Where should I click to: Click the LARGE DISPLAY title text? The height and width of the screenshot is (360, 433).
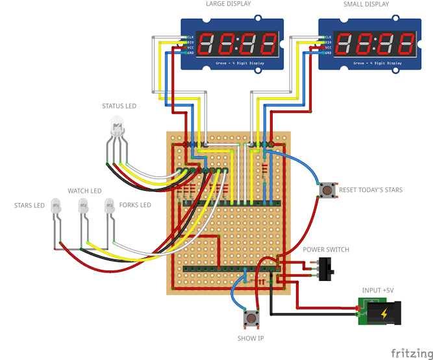click(228, 5)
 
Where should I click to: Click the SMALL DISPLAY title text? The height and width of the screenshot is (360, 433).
click(366, 5)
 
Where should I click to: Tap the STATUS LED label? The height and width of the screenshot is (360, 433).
click(119, 106)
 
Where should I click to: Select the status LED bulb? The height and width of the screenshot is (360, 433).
click(118, 125)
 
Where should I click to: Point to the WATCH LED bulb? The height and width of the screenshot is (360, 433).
click(83, 207)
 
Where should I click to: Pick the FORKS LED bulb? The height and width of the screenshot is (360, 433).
click(110, 207)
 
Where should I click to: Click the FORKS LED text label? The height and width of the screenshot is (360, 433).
click(135, 205)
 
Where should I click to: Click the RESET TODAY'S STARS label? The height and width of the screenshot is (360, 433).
click(371, 190)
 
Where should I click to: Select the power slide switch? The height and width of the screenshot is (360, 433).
click(327, 267)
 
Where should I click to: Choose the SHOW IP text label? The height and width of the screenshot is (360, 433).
click(251, 339)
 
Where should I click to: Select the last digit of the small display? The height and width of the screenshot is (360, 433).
click(406, 44)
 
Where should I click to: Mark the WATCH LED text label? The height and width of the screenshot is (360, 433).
click(84, 191)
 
